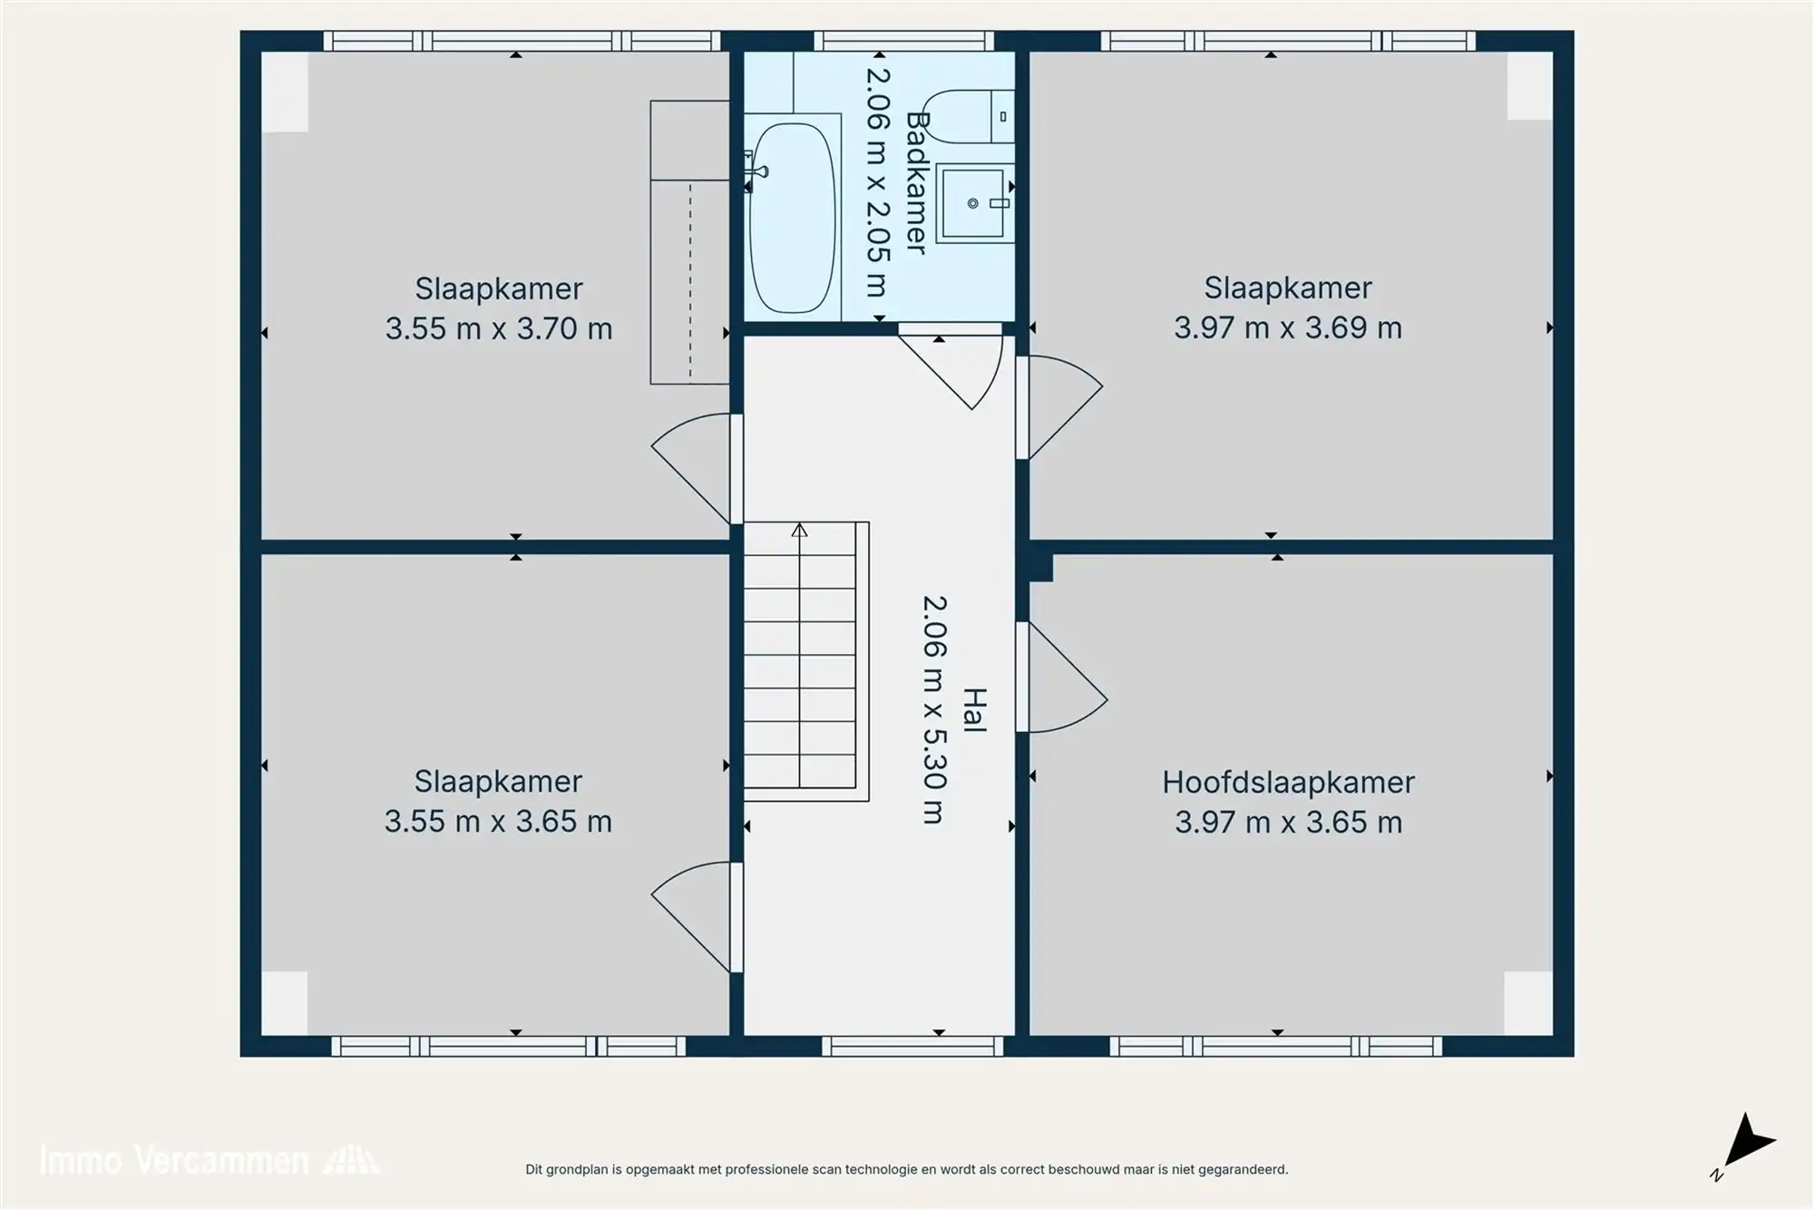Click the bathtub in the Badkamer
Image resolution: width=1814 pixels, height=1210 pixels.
[x=792, y=218]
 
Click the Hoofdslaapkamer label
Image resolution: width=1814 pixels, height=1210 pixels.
[x=1288, y=782]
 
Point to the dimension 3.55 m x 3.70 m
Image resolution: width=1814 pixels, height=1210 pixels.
[x=499, y=328]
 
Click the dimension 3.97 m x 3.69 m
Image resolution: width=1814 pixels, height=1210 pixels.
[x=1288, y=327]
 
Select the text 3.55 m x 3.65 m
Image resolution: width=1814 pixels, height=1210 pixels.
[x=498, y=822]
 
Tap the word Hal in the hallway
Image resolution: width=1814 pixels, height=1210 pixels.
[x=973, y=710]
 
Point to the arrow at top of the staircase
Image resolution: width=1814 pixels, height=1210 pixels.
[x=799, y=530]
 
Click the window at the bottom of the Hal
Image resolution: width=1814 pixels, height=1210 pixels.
[x=913, y=1046]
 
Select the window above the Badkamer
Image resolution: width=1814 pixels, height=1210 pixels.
[x=903, y=41]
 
